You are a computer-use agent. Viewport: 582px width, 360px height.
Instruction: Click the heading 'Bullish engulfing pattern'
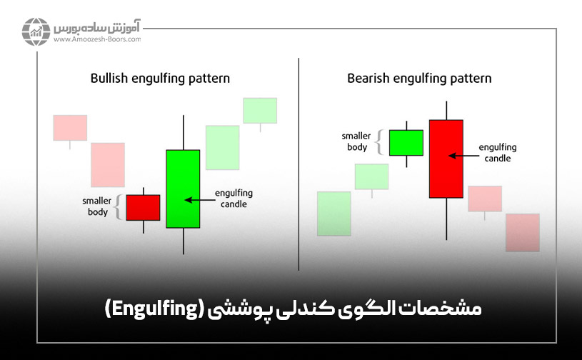click(x=160, y=77)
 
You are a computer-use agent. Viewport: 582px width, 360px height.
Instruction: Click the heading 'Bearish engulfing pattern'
click(x=419, y=77)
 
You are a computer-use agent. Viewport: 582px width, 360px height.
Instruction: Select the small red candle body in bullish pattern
click(x=143, y=207)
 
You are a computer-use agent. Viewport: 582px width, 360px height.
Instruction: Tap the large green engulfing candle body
click(x=183, y=189)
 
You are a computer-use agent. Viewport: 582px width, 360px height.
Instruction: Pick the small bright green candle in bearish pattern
click(x=406, y=142)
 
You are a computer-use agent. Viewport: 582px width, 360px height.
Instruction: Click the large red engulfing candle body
click(x=446, y=159)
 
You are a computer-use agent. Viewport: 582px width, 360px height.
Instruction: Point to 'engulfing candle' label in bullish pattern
click(x=234, y=199)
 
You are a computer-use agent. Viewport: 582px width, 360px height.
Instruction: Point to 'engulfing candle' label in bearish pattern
click(x=498, y=153)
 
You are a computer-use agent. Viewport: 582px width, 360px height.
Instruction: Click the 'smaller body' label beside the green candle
click(x=354, y=141)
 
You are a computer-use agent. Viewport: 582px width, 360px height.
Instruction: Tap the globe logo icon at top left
click(x=35, y=32)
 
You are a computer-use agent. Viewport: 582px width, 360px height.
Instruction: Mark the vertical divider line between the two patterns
click(x=298, y=164)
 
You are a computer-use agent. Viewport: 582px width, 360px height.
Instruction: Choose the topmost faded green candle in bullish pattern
click(x=259, y=110)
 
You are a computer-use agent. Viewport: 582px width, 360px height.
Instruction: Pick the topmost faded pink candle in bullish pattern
click(x=70, y=128)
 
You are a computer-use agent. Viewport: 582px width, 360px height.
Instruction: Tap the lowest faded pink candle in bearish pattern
click(x=522, y=232)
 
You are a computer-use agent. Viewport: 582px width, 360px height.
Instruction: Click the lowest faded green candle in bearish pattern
click(x=334, y=213)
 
